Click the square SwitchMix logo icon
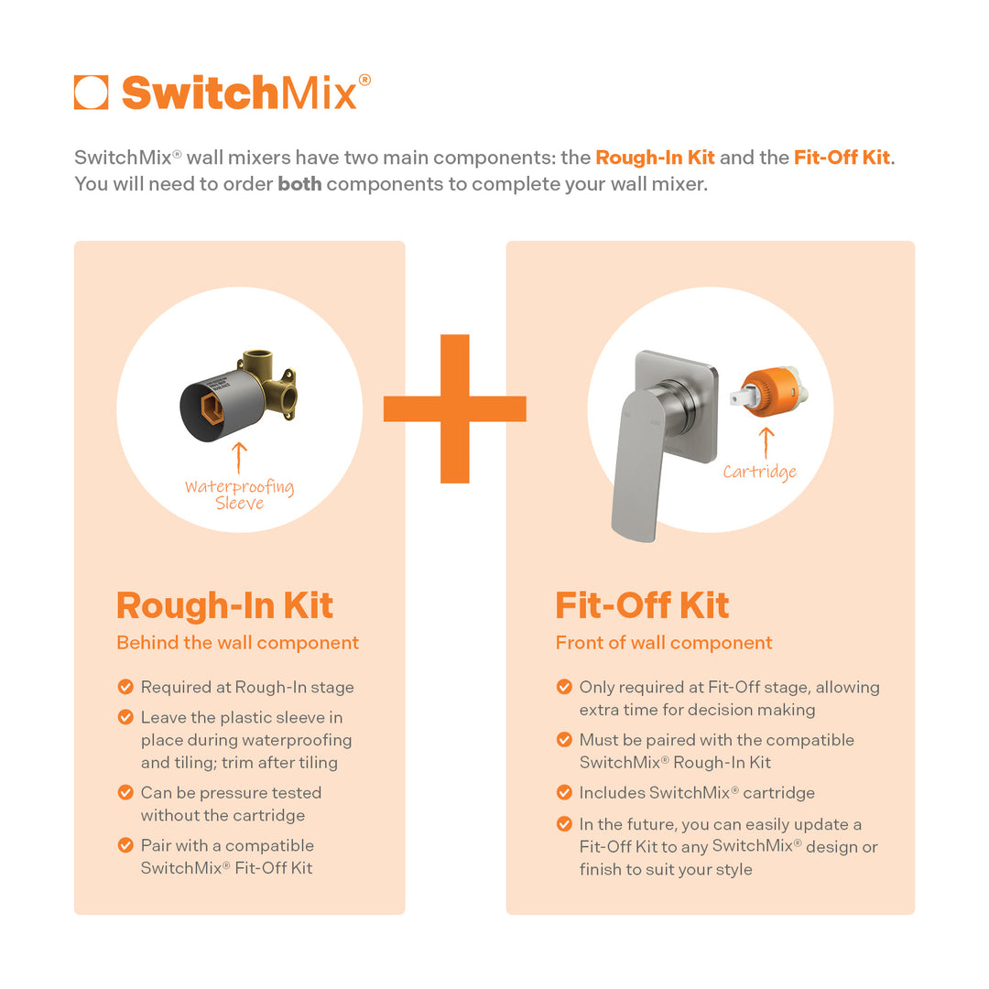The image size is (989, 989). (91, 92)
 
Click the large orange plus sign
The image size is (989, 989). (454, 408)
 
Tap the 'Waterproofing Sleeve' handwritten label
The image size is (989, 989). (240, 494)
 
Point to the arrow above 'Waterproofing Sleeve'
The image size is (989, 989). (240, 458)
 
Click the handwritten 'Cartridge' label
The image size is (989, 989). (759, 473)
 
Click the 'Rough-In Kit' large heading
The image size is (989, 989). (224, 605)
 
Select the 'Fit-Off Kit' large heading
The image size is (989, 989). (642, 605)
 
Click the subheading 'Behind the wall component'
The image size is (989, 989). (237, 643)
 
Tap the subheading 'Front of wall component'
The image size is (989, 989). (664, 643)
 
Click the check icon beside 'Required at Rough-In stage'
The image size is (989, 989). (125, 687)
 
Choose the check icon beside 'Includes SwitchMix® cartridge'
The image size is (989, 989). (564, 793)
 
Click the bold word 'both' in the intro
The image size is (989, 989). (299, 183)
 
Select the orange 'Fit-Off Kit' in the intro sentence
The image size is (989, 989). (842, 158)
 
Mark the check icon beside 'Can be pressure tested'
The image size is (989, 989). (125, 793)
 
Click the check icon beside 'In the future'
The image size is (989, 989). (564, 824)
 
